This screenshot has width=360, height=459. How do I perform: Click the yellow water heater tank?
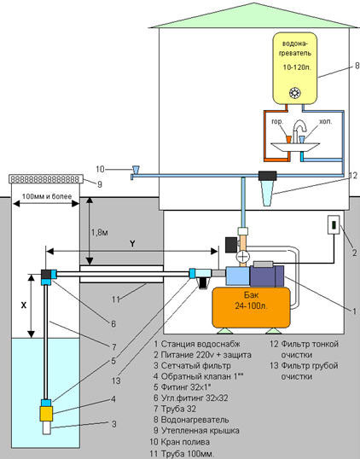pos(295,68)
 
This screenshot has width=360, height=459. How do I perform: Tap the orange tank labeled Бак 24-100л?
pos(251,307)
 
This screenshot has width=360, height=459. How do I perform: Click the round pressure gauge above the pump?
pos(242,257)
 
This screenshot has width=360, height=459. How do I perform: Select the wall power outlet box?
pos(334,224)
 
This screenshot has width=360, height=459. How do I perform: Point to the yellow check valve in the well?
pos(46,414)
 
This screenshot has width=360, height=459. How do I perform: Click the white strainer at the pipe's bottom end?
pos(47,427)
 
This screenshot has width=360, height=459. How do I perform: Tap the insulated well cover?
pos(46,178)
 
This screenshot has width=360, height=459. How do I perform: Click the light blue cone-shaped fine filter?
pos(267,193)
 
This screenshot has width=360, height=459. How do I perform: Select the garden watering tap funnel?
pos(136,170)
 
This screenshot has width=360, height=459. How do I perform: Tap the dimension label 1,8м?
pos(100,233)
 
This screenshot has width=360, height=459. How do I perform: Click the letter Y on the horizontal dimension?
pos(132,243)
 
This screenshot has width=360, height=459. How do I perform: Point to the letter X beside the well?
pos(24,305)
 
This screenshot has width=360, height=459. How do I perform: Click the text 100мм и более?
pos(47,196)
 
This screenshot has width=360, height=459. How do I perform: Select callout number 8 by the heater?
pos(357,66)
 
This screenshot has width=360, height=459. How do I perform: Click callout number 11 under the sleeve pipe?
pos(116,299)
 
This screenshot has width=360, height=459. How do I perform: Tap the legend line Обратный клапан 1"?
pos(199,376)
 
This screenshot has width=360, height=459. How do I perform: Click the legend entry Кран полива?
pos(180,441)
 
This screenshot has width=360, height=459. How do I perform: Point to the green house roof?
pos(253,15)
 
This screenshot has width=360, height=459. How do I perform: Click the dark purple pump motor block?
pos(267,276)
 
